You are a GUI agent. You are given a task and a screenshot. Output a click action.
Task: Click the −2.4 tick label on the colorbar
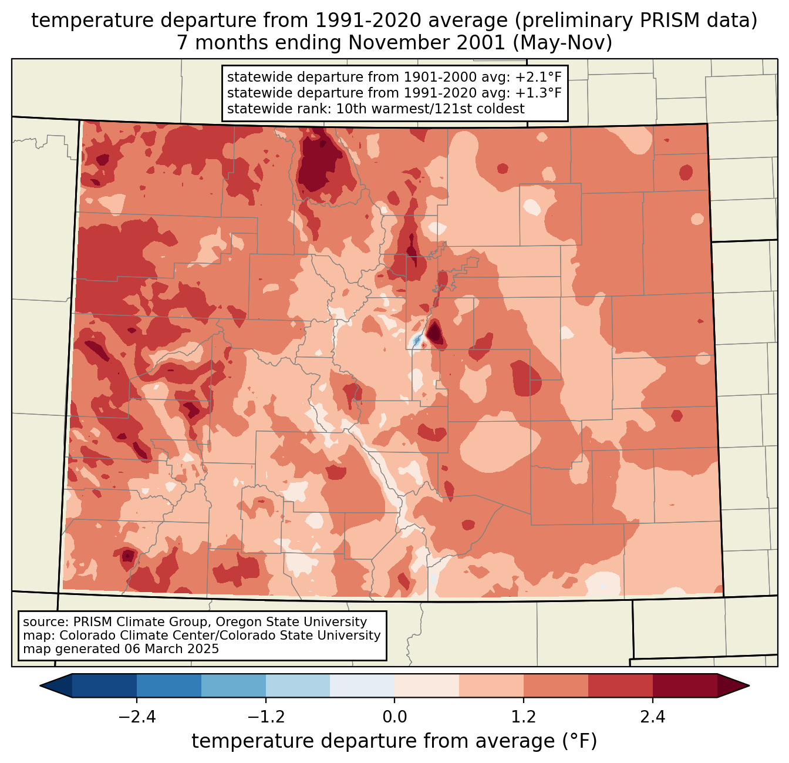pyautogui.click(x=136, y=717)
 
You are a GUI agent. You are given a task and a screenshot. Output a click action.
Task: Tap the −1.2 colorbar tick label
pyautogui.click(x=265, y=717)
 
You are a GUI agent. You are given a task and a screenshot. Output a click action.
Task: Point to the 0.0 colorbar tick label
pyautogui.click(x=394, y=717)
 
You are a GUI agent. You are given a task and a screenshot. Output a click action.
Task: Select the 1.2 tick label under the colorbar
pyautogui.click(x=524, y=717)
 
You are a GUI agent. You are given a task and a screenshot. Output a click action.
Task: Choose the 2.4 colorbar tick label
pyautogui.click(x=653, y=717)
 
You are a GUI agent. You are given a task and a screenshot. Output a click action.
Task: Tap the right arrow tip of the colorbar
pyautogui.click(x=747, y=685)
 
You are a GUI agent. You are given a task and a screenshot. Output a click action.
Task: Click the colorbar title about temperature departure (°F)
pyautogui.click(x=394, y=741)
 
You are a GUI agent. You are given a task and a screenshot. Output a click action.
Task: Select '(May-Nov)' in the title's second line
pyautogui.click(x=567, y=43)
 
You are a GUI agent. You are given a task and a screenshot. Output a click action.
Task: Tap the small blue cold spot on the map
pyautogui.click(x=416, y=340)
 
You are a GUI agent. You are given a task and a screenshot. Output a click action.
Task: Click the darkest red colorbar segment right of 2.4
pyautogui.click(x=685, y=685)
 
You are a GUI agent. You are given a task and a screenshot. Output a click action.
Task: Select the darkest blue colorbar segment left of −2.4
pyautogui.click(x=104, y=685)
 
